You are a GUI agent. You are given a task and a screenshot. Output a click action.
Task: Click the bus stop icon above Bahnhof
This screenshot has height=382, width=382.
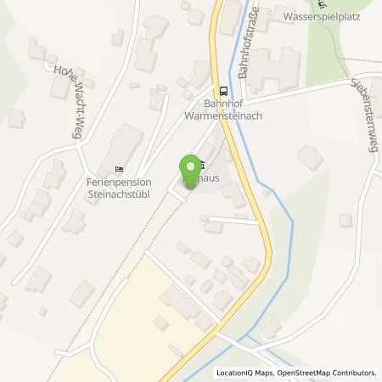[x=222, y=91]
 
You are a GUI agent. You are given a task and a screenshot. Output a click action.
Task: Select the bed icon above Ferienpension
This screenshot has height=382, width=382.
[x=119, y=168]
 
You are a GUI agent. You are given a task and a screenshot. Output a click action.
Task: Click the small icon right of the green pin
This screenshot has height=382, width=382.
[x=202, y=166]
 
